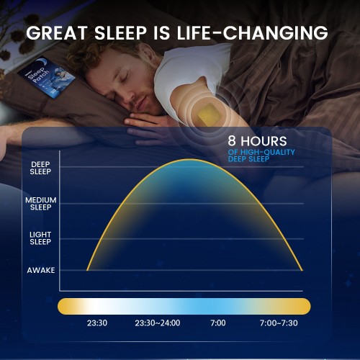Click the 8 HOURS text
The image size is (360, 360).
(258, 142)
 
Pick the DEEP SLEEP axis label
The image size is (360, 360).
(40, 168)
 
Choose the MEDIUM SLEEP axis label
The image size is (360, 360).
(40, 203)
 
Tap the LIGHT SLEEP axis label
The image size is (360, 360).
(40, 238)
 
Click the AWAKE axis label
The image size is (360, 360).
(40, 271)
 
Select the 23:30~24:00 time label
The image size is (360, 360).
(158, 323)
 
